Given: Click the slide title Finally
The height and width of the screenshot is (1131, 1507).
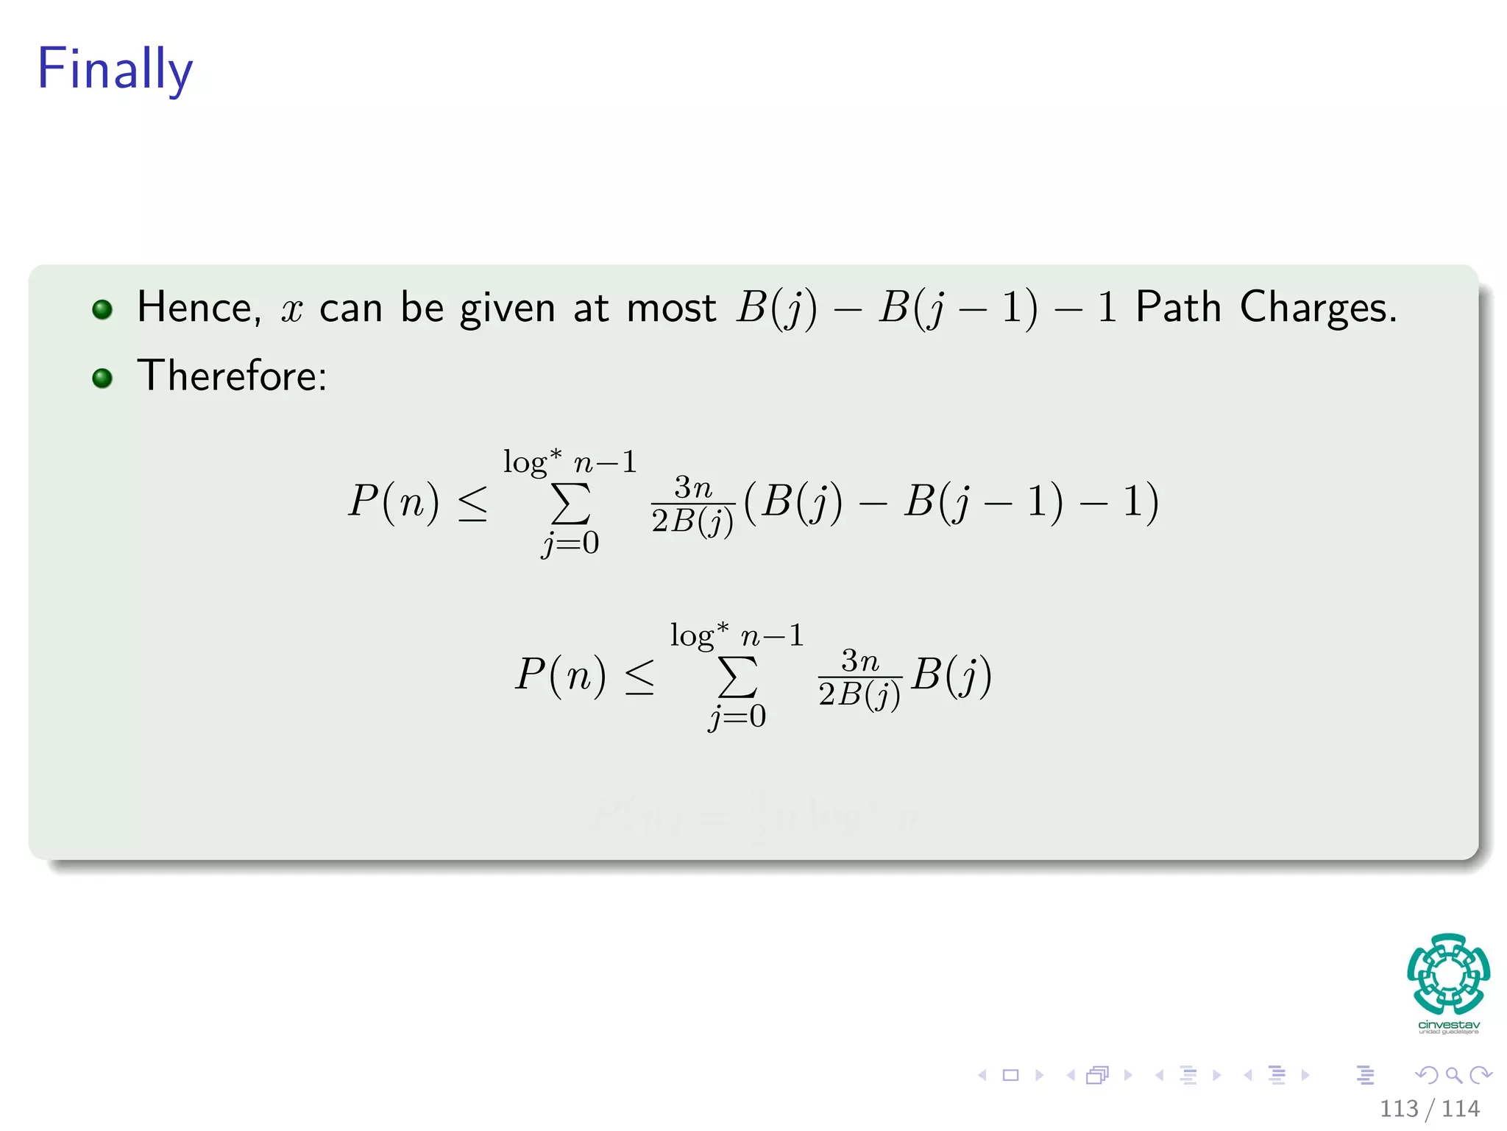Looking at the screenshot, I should [x=115, y=69].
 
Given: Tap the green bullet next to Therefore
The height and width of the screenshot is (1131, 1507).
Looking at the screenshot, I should [x=102, y=378].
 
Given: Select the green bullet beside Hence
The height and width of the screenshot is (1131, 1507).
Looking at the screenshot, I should [x=102, y=309].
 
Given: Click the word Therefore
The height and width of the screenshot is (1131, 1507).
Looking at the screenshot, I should [x=231, y=376].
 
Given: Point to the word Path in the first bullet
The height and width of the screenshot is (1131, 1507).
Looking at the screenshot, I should [x=1177, y=307].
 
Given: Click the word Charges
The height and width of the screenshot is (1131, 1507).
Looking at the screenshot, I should [x=1317, y=309].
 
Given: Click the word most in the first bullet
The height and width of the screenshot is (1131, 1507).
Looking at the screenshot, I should [x=671, y=309].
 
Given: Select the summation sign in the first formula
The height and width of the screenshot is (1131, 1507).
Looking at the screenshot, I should [x=570, y=504].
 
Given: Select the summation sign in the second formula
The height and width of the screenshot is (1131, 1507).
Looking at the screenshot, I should [x=737, y=677].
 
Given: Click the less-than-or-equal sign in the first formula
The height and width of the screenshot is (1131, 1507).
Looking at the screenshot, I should [x=472, y=505].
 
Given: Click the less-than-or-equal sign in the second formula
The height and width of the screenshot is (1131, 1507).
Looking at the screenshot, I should [x=639, y=677].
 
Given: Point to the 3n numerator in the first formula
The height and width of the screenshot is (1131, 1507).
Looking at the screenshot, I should [x=693, y=487].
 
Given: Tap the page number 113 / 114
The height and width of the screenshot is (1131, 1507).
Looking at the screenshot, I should [x=1429, y=1109].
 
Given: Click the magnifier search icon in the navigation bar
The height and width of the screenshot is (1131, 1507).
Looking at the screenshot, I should [x=1453, y=1075].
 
